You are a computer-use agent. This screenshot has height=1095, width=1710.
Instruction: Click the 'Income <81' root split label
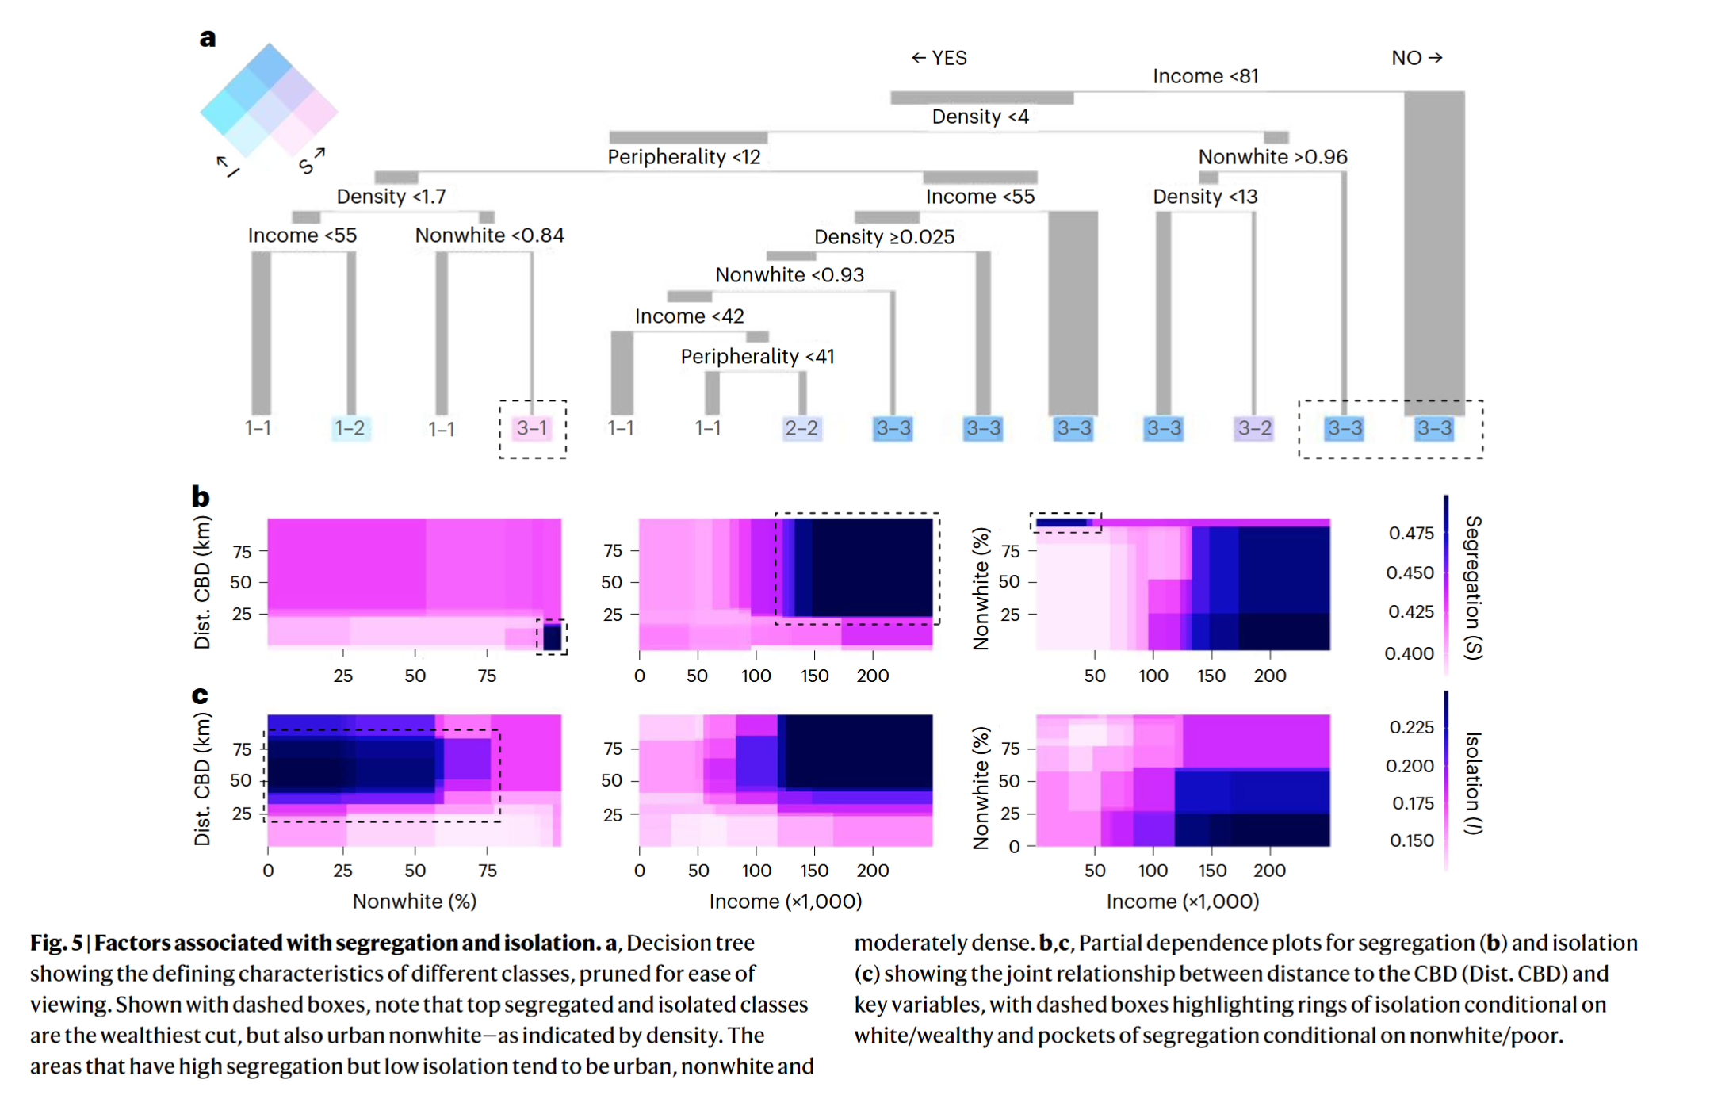tap(1204, 76)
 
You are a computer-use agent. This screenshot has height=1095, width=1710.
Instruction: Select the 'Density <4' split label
tap(980, 117)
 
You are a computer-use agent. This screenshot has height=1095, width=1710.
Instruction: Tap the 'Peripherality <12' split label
tap(683, 157)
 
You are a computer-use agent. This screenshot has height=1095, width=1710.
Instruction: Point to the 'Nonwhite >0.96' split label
tap(1272, 157)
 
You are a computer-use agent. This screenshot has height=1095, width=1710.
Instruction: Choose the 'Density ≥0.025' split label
tap(884, 236)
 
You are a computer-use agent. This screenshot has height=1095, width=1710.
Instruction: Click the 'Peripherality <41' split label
tap(757, 356)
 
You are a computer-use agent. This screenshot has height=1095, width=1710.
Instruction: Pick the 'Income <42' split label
tap(689, 316)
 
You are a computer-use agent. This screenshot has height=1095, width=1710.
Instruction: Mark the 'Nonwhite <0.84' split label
tap(489, 235)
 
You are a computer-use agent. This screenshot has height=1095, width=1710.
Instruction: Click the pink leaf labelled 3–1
tap(532, 428)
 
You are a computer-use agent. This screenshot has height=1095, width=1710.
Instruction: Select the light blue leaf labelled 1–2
tap(350, 428)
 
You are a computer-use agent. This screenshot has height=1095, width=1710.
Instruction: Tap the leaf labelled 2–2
tap(801, 428)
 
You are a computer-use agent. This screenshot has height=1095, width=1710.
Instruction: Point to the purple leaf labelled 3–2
tap(1254, 428)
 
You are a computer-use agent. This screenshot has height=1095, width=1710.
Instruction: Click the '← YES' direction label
tap(939, 58)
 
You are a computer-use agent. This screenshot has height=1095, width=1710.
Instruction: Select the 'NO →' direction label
tap(1417, 58)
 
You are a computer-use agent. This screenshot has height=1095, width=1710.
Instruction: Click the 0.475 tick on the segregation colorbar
tap(1410, 533)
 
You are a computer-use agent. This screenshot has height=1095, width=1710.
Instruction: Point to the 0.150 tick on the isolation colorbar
tap(1411, 840)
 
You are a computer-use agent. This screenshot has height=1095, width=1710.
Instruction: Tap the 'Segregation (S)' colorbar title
tap(1473, 587)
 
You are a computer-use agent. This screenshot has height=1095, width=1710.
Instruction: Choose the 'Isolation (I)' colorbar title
tap(1473, 783)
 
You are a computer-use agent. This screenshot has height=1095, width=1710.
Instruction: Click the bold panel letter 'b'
tap(201, 497)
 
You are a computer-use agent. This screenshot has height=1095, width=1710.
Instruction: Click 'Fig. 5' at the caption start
tap(56, 943)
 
